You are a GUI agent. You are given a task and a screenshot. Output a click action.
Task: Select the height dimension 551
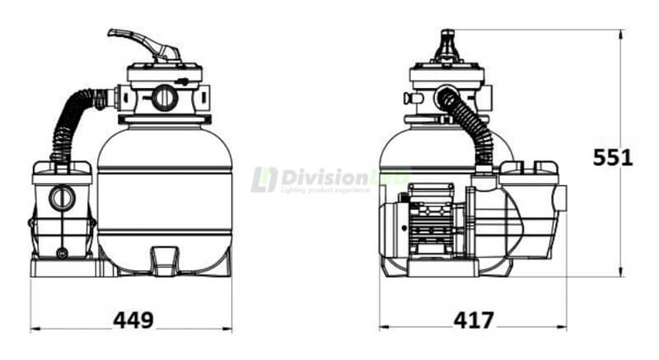pos(613,157)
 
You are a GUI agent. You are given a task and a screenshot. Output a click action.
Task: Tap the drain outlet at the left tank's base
pos(165,260)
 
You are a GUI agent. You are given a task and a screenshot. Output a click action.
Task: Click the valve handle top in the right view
pos(446,37)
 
